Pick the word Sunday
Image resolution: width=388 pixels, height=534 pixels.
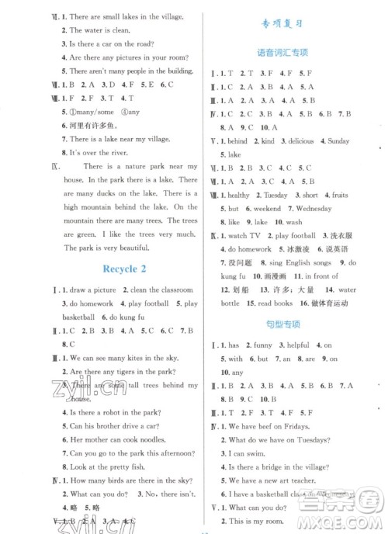point(338,141)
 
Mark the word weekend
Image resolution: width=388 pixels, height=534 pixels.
point(268,209)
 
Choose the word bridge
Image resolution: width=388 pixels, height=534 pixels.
point(282,466)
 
